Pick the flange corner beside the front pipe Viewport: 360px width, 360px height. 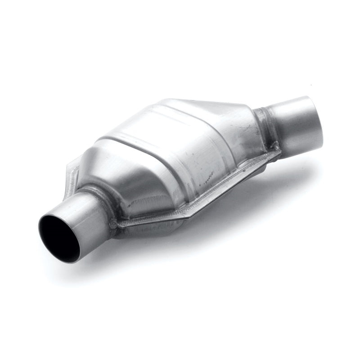coord(115,224)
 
